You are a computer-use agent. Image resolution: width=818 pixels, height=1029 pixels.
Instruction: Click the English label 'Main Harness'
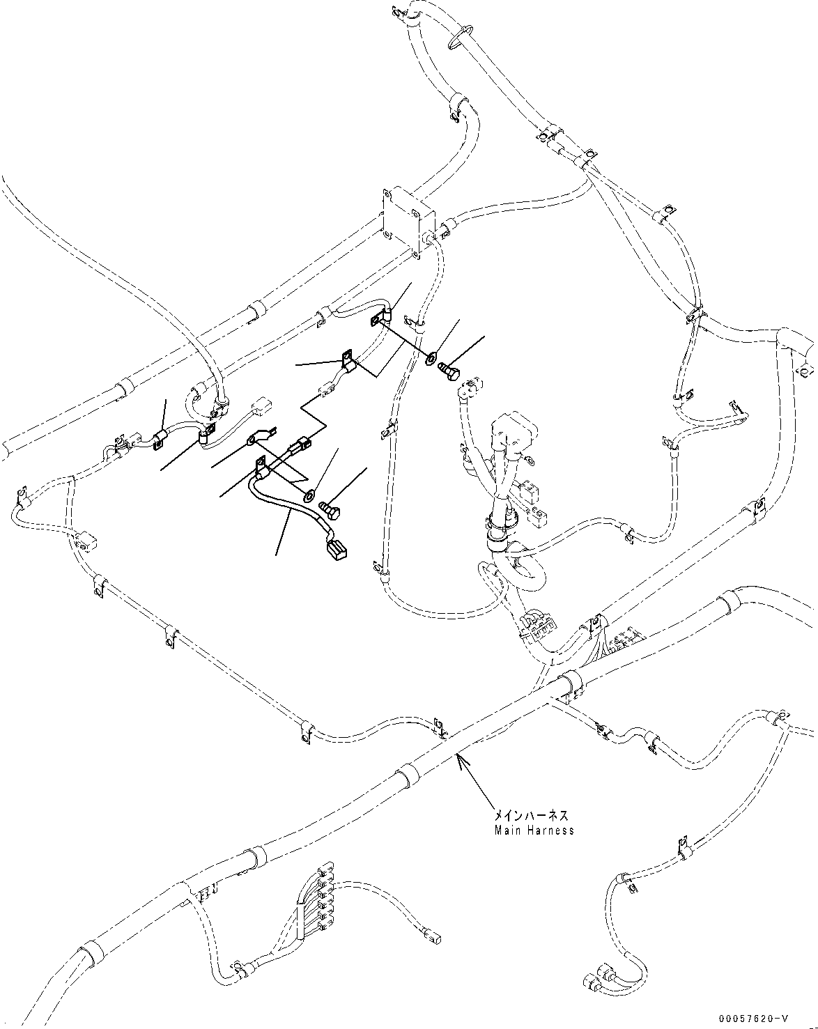[x=534, y=830]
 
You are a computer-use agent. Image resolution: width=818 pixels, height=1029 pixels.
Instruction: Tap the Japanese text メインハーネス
[x=532, y=815]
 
